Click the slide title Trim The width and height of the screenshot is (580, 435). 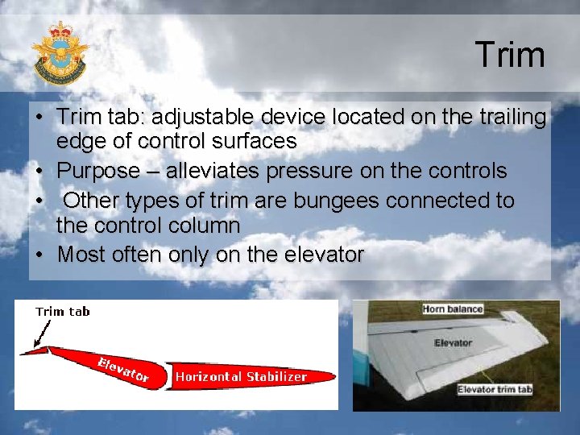[509, 55]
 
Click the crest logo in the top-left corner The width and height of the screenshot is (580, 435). [60, 53]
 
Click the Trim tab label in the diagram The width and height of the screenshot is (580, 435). [63, 312]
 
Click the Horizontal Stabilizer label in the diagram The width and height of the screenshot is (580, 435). [241, 376]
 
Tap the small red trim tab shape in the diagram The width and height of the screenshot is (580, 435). [33, 350]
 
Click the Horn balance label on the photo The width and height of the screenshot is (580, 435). [452, 309]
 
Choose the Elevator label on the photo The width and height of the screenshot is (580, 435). [452, 342]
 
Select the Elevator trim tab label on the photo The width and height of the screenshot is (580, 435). [494, 390]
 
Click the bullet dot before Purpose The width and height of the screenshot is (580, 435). [39, 172]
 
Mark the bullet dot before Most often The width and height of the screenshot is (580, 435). [39, 256]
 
